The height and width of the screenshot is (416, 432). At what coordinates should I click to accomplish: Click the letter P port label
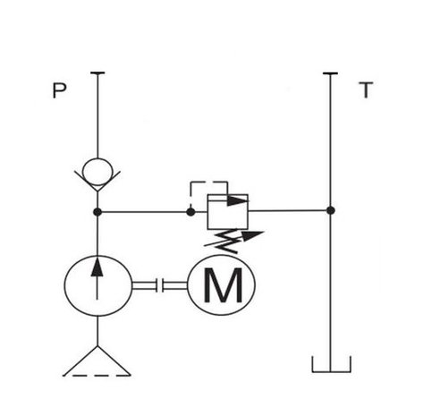click(59, 90)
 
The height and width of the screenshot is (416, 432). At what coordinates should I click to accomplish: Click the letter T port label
click(366, 89)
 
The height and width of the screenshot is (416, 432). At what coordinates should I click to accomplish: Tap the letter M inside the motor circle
click(223, 285)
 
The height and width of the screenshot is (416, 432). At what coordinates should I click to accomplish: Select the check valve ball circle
click(97, 172)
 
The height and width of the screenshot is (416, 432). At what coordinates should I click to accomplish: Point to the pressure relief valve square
click(228, 212)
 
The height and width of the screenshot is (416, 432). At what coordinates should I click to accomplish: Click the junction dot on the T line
click(330, 210)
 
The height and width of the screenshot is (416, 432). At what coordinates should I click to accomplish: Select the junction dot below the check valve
click(97, 212)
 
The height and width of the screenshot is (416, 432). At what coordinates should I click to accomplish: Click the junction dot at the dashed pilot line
click(191, 212)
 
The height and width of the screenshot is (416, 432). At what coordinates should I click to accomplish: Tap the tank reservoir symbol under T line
click(331, 364)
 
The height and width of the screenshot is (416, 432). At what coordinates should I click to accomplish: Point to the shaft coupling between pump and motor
click(159, 285)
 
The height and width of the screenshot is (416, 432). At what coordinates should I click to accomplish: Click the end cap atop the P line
click(97, 72)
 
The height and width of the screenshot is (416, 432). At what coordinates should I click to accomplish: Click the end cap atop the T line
click(330, 73)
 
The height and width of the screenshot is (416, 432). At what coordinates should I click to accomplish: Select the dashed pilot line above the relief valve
click(208, 182)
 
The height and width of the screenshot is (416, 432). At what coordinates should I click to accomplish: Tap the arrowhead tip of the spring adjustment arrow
click(264, 232)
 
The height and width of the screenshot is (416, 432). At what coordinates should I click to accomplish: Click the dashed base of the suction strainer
click(97, 376)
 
